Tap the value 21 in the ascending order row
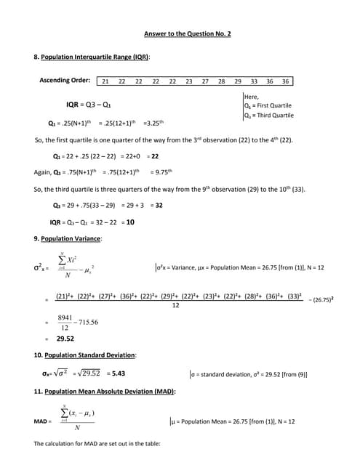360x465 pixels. pyautogui.click(x=105, y=81)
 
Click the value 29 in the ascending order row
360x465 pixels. pyautogui.click(x=238, y=81)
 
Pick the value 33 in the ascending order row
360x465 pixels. pyautogui.click(x=254, y=81)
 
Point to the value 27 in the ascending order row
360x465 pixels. pyautogui.click(x=205, y=81)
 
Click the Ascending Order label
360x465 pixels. pyautogui.click(x=65, y=80)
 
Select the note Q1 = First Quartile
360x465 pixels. pyautogui.click(x=268, y=105)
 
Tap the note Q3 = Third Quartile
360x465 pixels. pyautogui.click(x=269, y=115)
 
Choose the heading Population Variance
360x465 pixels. pyautogui.click(x=71, y=238)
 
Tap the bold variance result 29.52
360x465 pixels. pyautogui.click(x=65, y=338)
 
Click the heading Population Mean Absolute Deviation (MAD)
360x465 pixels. pyautogui.click(x=109, y=392)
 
